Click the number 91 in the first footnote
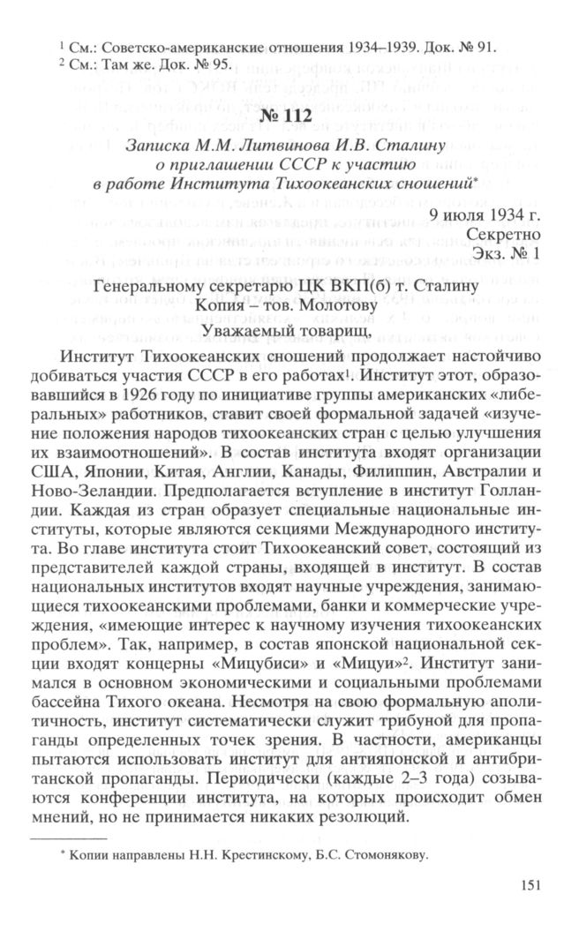tap(500, 46)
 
